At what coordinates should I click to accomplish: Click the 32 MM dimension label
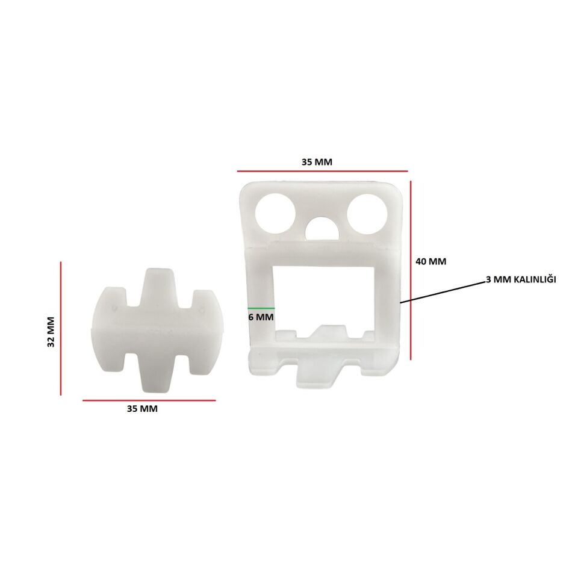(x=51, y=332)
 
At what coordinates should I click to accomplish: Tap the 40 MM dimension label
(x=431, y=261)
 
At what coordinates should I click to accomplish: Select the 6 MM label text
(x=261, y=317)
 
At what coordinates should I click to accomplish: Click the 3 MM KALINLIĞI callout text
(x=521, y=279)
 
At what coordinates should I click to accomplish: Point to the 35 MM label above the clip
(x=317, y=162)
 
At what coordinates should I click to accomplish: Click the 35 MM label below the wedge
(x=142, y=408)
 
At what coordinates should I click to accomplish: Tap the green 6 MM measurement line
(x=261, y=308)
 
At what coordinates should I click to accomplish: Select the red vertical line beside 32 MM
(x=61, y=329)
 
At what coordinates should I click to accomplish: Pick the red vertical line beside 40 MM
(x=411, y=270)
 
